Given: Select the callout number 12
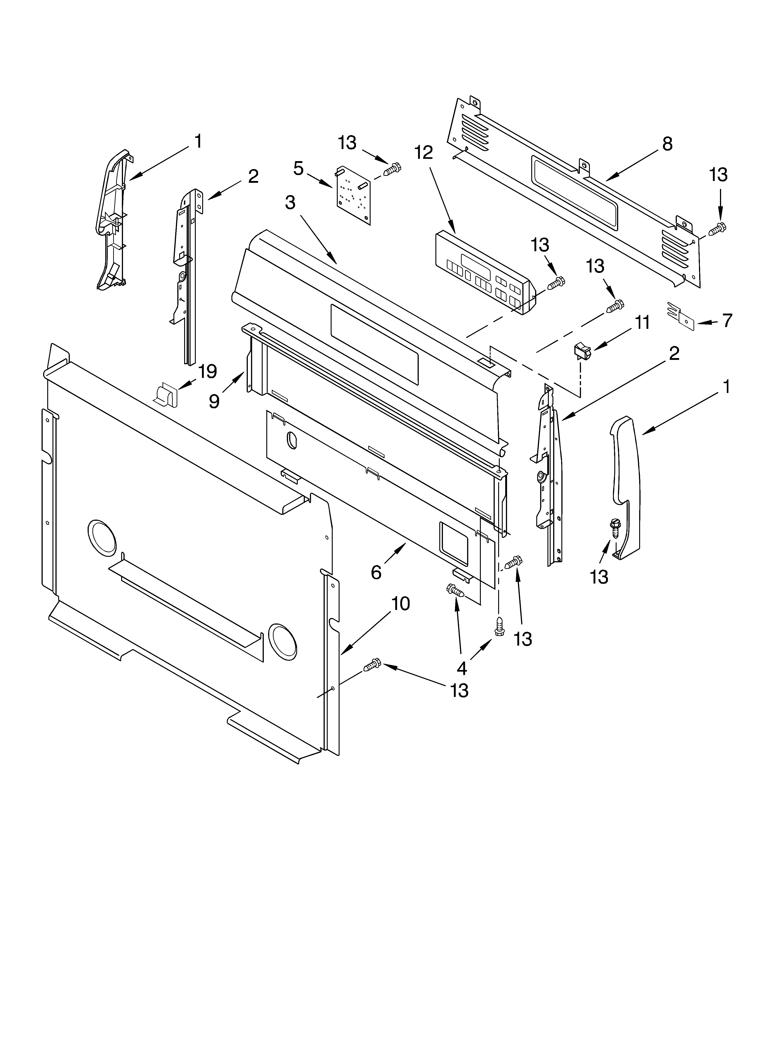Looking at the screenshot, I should coord(423,153).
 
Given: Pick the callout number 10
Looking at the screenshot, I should coord(400,604).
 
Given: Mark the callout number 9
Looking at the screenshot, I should coord(214,401).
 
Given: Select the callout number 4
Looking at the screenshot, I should coord(462,668).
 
